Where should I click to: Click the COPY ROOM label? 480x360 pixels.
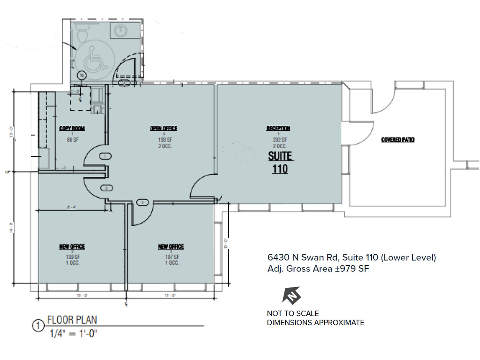point(72,128)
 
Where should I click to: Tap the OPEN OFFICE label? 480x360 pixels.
point(163,128)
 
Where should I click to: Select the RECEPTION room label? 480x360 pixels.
point(278,128)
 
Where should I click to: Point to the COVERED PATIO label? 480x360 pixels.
point(398,140)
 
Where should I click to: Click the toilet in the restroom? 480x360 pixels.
point(82,32)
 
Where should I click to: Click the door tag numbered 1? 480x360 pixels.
point(105,156)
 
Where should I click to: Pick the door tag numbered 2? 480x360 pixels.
point(106,188)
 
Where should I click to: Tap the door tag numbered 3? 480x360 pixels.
point(142,203)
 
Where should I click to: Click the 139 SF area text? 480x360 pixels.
point(73,257)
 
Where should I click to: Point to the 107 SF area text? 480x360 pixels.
point(172,257)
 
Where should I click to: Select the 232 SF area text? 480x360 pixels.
point(280,140)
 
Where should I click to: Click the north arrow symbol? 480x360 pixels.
point(292,295)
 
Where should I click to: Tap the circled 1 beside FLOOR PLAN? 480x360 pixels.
point(38,326)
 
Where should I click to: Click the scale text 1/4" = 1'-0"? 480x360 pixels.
point(73,334)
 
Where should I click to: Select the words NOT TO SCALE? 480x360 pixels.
point(293,313)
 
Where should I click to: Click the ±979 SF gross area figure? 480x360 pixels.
point(352,268)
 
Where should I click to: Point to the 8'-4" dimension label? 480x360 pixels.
point(71,207)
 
